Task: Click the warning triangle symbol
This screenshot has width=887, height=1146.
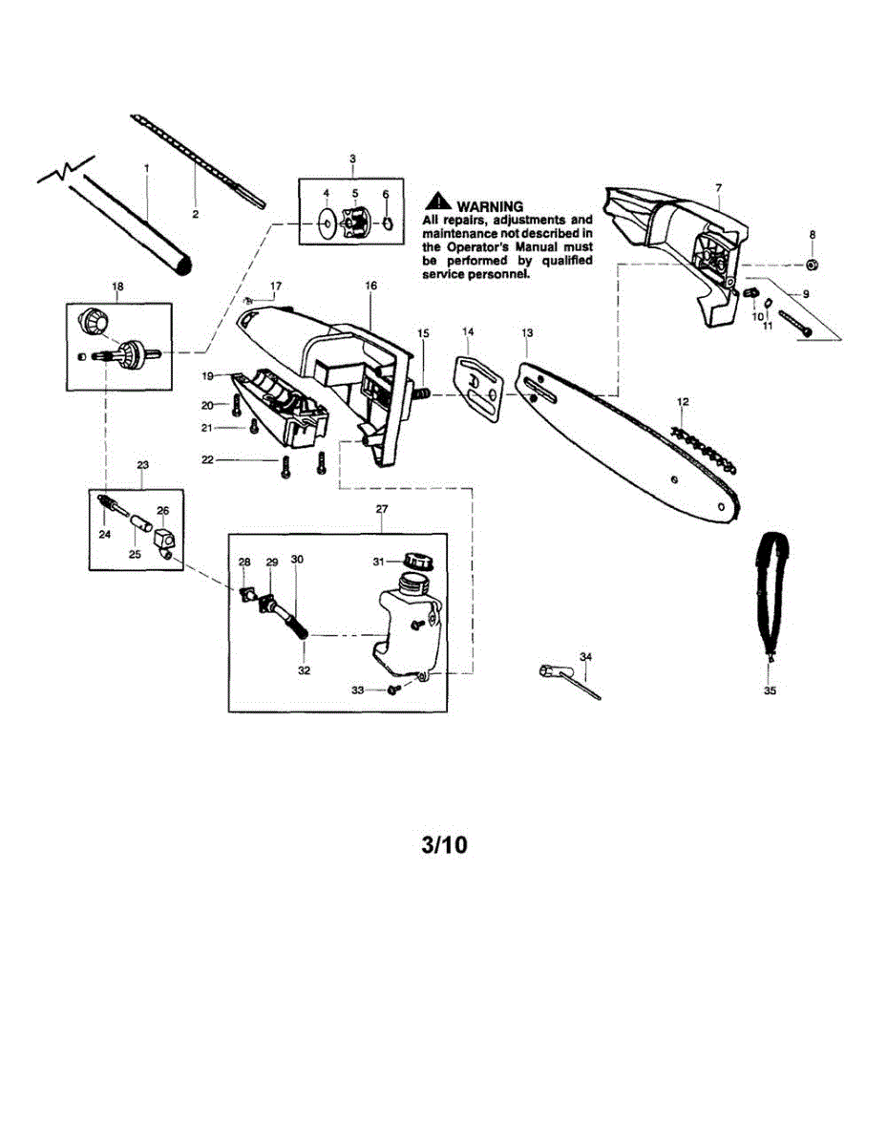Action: (x=437, y=202)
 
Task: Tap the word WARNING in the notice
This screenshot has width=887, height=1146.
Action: (x=490, y=206)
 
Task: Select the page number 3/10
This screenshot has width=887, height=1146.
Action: (x=444, y=846)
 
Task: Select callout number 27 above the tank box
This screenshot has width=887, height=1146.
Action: (x=382, y=510)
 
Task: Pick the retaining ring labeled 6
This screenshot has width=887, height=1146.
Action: (x=388, y=225)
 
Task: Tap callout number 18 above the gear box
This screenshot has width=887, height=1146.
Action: (x=118, y=286)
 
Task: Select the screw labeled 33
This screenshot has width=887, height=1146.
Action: (x=392, y=690)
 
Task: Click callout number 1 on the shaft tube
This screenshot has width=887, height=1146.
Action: (x=147, y=168)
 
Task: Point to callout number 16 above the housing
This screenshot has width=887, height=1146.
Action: (x=370, y=285)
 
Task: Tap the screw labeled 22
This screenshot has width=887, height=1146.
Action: (x=285, y=467)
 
